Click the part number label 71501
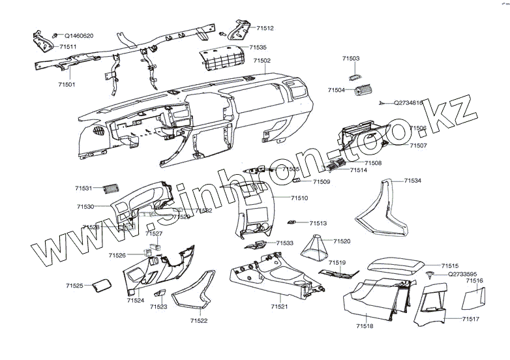[x=67, y=84]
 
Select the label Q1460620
[x=78, y=36]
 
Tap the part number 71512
[x=265, y=28]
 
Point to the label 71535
[x=258, y=48]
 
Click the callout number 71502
[x=262, y=61]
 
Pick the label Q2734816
[x=408, y=103]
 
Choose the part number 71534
[x=412, y=181]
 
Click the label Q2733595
[x=462, y=275]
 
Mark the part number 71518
[x=365, y=325]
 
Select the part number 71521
[x=280, y=306]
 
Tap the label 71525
[x=74, y=286]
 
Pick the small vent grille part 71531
[x=109, y=188]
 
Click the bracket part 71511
[x=44, y=43]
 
